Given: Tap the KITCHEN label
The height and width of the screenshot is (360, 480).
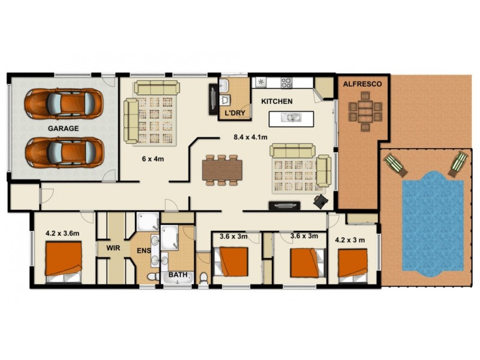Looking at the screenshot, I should (x=277, y=101).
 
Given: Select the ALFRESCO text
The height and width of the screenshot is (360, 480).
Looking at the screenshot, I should (x=362, y=85).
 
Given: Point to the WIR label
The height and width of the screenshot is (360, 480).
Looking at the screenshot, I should (x=114, y=248).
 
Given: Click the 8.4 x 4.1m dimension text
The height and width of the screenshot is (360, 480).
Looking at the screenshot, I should (x=250, y=137).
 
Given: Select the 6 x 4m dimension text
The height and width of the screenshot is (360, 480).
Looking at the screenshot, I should (x=153, y=158).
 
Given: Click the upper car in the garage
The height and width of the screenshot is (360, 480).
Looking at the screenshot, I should (x=64, y=104).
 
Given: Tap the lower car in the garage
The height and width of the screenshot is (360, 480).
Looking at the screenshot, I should (x=64, y=152).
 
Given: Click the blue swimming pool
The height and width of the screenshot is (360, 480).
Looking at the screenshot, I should (x=432, y=222).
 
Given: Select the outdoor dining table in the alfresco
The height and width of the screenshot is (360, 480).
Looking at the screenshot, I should (x=364, y=110).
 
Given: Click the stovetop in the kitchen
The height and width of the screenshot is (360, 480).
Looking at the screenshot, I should (x=284, y=83).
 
